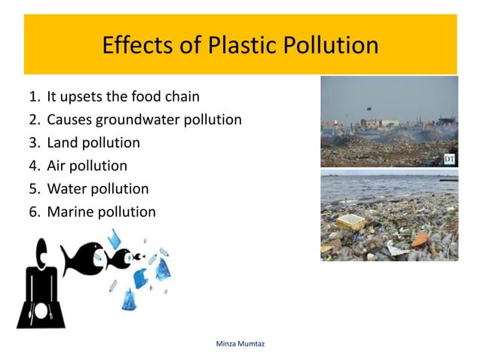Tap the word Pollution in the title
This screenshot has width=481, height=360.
(332, 46)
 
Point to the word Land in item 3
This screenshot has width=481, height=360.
(62, 143)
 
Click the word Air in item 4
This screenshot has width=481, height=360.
(57, 166)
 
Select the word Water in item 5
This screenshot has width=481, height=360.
(66, 189)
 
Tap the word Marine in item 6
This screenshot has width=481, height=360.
(70, 212)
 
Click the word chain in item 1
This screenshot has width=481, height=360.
(183, 96)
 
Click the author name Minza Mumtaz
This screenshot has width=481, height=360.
(240, 343)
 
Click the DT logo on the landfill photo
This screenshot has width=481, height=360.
(449, 157)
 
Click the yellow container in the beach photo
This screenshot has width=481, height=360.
(350, 222)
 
